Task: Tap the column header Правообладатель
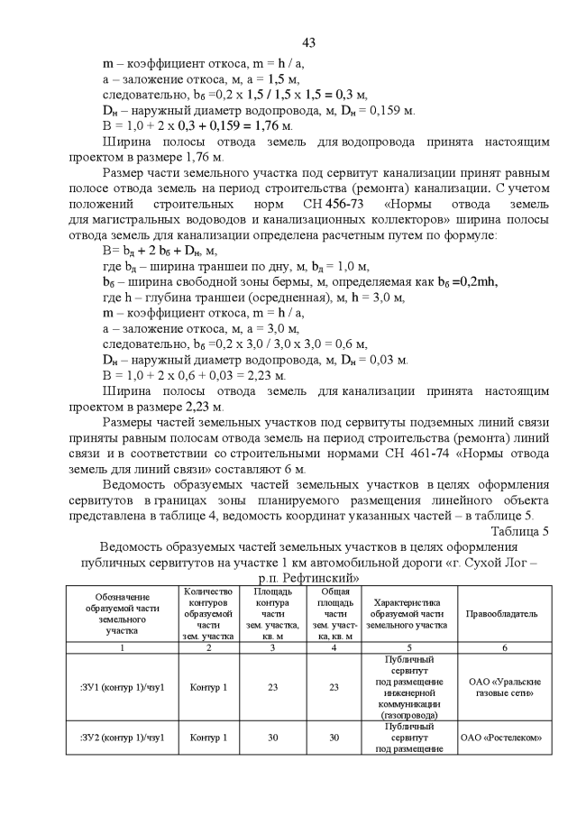click(501, 613)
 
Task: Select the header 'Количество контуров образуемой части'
click(208, 613)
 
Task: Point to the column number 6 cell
click(501, 647)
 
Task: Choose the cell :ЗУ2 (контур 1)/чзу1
click(122, 737)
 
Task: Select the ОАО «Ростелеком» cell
click(501, 737)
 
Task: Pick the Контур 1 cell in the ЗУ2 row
click(208, 737)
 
